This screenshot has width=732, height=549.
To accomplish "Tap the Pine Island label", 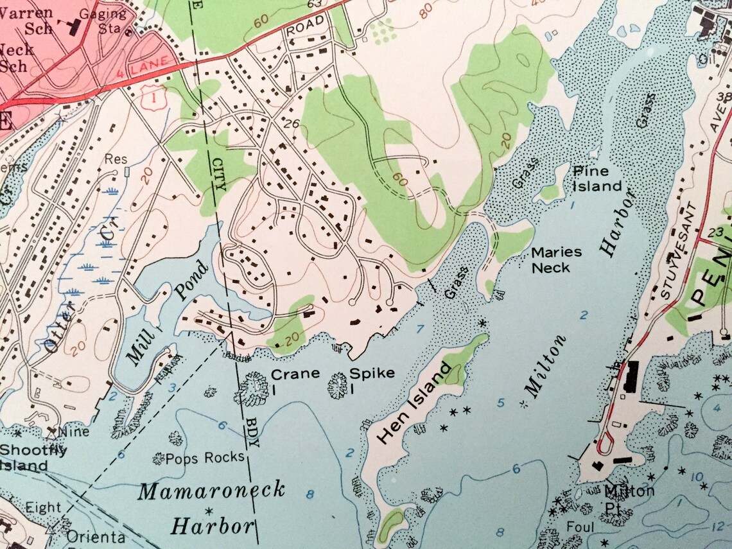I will click(x=597, y=179).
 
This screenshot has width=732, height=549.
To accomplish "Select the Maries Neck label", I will click(x=556, y=259).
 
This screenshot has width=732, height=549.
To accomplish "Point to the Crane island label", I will click(x=295, y=374).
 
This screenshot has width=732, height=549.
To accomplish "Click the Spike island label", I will click(x=372, y=374).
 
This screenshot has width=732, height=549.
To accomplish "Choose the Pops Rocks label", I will click(x=205, y=457).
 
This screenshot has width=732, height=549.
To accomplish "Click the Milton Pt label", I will click(x=629, y=498).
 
